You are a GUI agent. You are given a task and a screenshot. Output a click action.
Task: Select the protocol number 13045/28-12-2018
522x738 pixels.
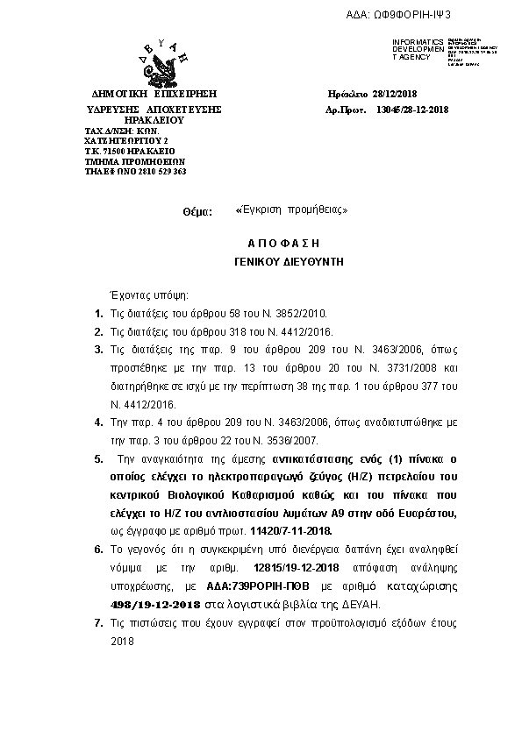[x=411, y=109]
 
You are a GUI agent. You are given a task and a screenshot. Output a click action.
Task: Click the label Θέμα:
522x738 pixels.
[x=197, y=212]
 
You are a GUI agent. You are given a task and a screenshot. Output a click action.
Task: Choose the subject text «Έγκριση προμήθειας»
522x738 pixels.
[x=292, y=210]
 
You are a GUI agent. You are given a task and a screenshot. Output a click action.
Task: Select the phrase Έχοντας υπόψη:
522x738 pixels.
[x=147, y=295]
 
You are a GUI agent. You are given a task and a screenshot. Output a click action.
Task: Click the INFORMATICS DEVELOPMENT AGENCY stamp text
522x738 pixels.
[x=418, y=49]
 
